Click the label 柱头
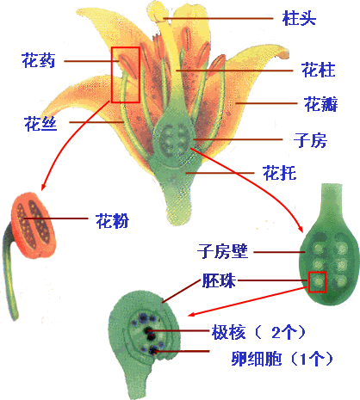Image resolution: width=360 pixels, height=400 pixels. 299,18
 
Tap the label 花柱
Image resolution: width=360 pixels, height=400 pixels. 319,70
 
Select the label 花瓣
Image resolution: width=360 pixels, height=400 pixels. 320,104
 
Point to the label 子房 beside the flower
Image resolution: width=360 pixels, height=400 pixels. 310,140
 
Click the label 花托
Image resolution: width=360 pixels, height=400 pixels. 279,173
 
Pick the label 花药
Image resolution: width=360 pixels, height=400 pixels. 38,60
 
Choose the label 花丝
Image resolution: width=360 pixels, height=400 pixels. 40,124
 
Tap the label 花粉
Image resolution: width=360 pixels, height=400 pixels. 112,220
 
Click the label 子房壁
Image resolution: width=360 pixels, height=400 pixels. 222,251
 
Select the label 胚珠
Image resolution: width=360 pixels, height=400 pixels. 219,280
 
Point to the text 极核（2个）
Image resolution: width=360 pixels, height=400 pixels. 258,332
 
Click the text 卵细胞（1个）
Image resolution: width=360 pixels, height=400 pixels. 282,358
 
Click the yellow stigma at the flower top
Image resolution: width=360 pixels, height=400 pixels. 157,11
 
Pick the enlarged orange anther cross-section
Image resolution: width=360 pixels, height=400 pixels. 33,225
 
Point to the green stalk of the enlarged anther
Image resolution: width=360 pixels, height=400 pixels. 9,273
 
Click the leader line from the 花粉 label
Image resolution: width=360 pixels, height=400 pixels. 56,218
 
